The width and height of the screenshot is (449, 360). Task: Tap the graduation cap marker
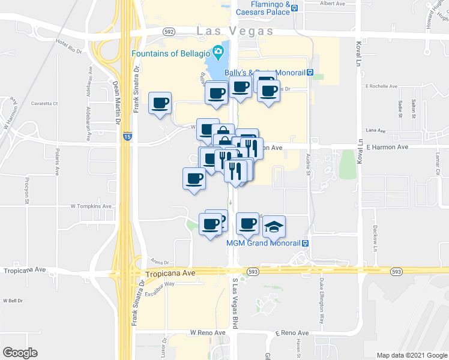274,227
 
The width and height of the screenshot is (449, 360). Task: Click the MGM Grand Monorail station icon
305,243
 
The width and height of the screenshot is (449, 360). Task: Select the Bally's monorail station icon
310,73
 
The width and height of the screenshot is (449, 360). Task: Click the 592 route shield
169,31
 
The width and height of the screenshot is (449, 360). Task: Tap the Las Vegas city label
235,31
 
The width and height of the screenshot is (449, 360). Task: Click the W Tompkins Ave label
91,206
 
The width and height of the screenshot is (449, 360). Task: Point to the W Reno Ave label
207,332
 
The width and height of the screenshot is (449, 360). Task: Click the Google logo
20,352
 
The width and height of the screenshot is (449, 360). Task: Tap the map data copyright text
411,355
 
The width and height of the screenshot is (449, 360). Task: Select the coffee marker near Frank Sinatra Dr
160,104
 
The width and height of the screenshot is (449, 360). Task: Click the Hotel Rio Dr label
69,47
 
